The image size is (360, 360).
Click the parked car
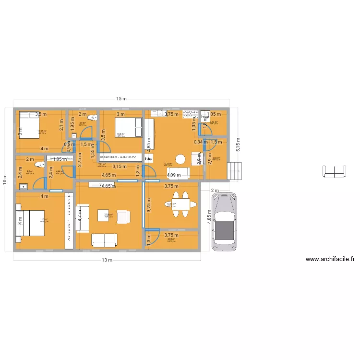click(x=224, y=222)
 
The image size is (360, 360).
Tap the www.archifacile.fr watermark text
click(x=331, y=259)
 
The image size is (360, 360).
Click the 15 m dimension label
click(x=121, y=99)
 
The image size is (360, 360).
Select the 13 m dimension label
click(x=107, y=261)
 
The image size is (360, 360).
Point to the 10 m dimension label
click(x=4, y=180)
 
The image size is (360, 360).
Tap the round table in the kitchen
click(x=180, y=159)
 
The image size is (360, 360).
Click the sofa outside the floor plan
click(x=335, y=170)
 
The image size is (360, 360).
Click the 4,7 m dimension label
click(x=79, y=216)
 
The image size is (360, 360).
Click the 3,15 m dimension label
click(x=120, y=167)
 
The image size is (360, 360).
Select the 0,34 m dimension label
click(x=201, y=142)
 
